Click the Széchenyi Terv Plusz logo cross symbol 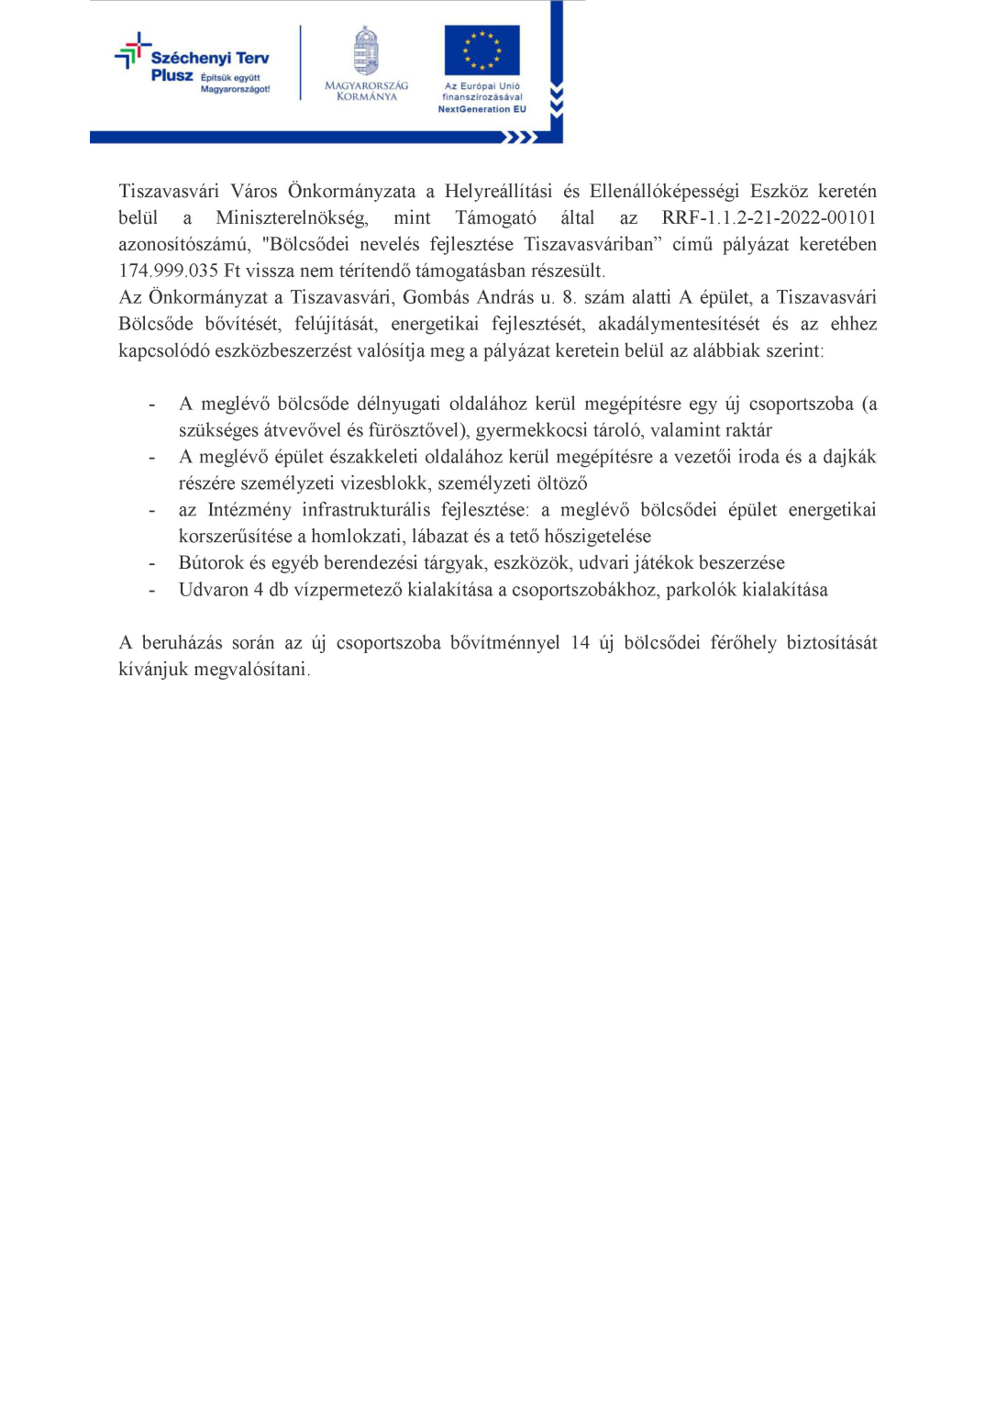click(x=132, y=51)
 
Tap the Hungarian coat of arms click(x=366, y=51)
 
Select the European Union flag click(x=481, y=50)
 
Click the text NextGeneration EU click(x=481, y=109)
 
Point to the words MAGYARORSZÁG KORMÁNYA click(x=366, y=91)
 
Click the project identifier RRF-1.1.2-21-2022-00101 click(x=769, y=218)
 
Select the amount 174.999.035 click(x=169, y=272)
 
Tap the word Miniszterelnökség click(x=292, y=218)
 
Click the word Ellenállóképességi click(x=664, y=192)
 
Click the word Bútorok click(x=211, y=563)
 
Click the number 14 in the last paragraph click(x=580, y=643)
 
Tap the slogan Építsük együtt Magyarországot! click(x=235, y=83)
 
